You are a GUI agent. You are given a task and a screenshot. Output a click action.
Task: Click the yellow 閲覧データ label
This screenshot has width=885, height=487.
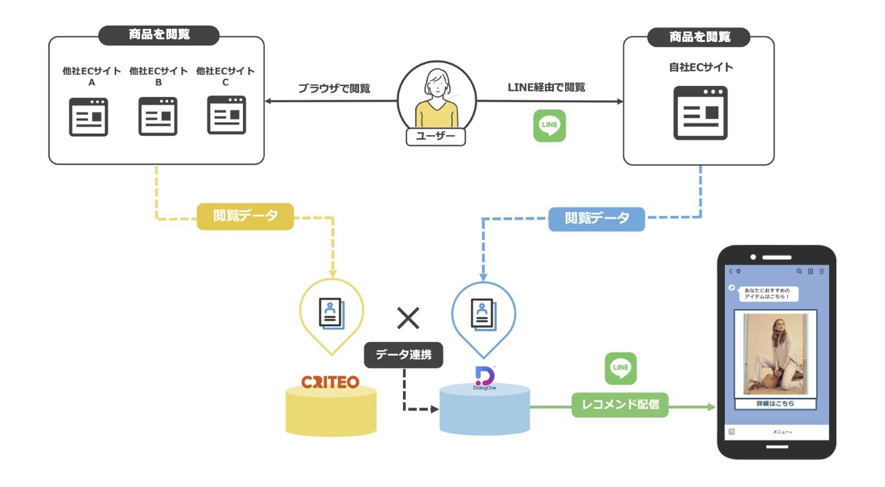[x=245, y=216]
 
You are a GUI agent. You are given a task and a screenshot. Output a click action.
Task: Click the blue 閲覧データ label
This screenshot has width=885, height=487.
[x=596, y=218]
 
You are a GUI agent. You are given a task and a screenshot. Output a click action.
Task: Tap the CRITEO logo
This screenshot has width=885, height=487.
[x=330, y=381]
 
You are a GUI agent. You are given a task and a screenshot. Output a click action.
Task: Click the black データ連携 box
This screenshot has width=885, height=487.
[x=403, y=355]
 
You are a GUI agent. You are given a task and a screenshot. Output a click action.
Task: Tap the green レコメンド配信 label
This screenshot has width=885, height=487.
[x=620, y=404]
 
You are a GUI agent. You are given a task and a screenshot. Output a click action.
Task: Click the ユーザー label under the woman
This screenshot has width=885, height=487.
[x=435, y=137]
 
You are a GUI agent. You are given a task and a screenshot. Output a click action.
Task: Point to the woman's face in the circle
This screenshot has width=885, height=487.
[x=436, y=84]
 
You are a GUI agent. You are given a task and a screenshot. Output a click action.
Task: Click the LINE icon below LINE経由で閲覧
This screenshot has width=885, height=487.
[x=549, y=125]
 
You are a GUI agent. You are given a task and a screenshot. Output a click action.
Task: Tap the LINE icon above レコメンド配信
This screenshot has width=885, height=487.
[x=620, y=368]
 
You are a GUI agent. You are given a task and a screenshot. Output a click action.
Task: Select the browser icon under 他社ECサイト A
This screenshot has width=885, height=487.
[x=89, y=116]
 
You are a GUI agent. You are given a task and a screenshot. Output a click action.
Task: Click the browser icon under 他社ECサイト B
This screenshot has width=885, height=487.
[x=158, y=116]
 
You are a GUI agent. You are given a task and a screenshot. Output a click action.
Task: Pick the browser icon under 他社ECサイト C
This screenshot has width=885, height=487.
[x=227, y=115]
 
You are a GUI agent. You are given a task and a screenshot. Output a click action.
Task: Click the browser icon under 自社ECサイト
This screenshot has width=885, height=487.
[x=701, y=112]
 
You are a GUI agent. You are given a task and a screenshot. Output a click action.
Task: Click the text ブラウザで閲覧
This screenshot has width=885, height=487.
[x=334, y=88]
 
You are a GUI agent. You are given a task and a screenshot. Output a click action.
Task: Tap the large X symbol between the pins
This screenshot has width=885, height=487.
[x=408, y=318]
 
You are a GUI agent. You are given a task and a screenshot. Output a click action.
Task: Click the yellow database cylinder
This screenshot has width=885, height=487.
[x=331, y=413]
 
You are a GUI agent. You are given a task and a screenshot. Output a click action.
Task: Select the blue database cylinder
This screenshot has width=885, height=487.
[x=485, y=410]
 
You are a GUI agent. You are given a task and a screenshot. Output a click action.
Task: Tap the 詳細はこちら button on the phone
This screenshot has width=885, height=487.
[x=775, y=404]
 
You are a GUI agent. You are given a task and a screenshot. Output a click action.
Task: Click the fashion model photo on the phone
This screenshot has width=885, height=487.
[x=775, y=354]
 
